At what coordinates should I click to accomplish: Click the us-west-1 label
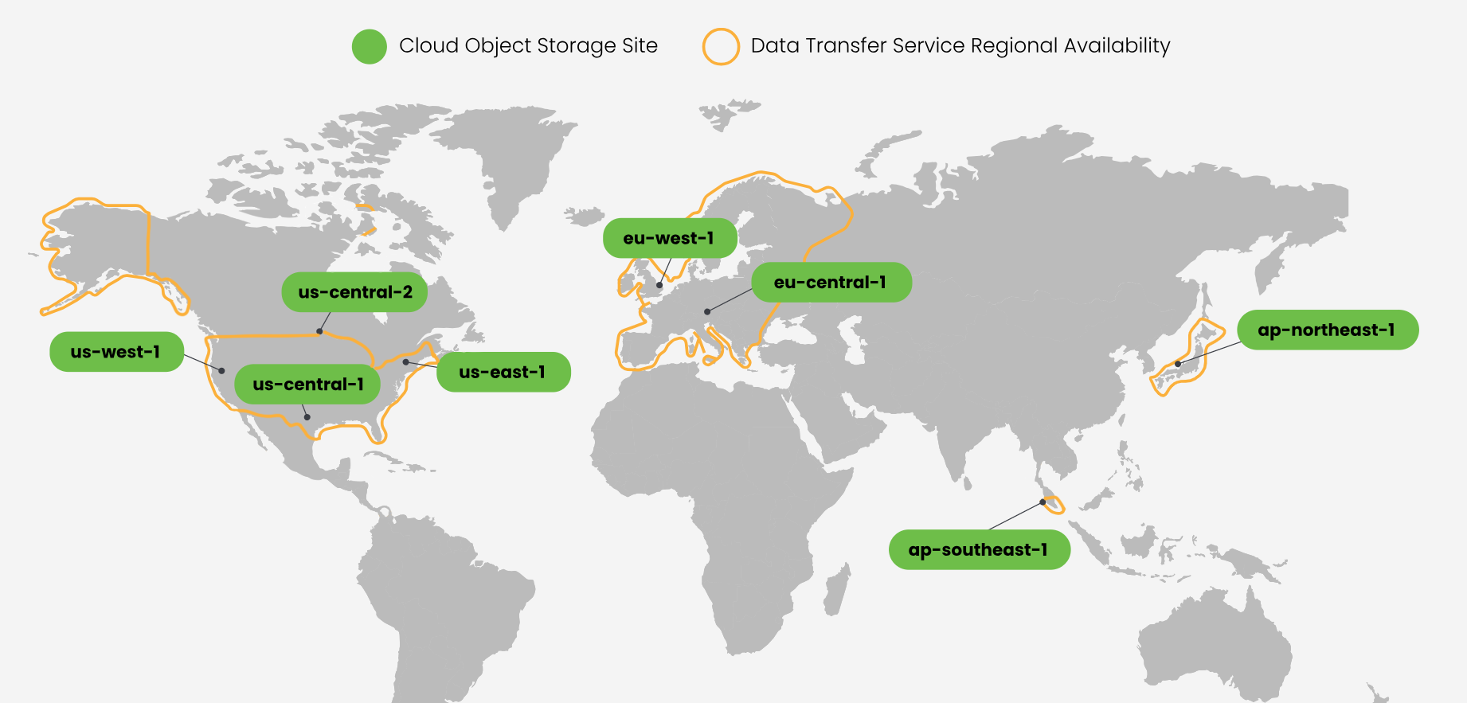pyautogui.click(x=116, y=352)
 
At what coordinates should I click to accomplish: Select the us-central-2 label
pyautogui.click(x=354, y=292)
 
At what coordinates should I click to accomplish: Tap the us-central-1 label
pyautogui.click(x=307, y=385)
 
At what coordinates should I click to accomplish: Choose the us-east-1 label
pyautogui.click(x=503, y=372)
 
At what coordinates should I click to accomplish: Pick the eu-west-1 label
pyautogui.click(x=669, y=238)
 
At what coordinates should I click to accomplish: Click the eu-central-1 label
pyautogui.click(x=831, y=283)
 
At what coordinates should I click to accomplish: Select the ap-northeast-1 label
pyautogui.click(x=1327, y=330)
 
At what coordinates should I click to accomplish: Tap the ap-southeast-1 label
pyautogui.click(x=979, y=549)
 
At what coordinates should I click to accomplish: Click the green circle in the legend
pyautogui.click(x=370, y=47)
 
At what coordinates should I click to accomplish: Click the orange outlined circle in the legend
pyautogui.click(x=721, y=47)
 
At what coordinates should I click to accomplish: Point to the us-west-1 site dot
pyautogui.click(x=222, y=371)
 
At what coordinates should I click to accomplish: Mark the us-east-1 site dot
pyautogui.click(x=405, y=362)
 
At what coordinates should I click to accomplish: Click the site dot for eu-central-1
pyautogui.click(x=707, y=311)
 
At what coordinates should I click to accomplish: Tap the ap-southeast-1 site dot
pyautogui.click(x=1043, y=502)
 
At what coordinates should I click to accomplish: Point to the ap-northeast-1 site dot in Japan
pyautogui.click(x=1178, y=364)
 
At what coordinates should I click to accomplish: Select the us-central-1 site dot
pyautogui.click(x=307, y=417)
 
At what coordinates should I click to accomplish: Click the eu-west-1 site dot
pyautogui.click(x=659, y=285)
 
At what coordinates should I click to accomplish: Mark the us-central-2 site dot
pyautogui.click(x=319, y=331)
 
